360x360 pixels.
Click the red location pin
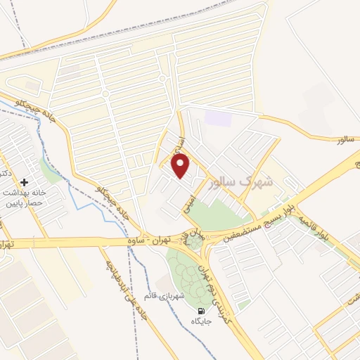coord(181,167)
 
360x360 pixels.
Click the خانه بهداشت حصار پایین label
coord(25,198)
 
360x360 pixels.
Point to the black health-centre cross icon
coord(25,181)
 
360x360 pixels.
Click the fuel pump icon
coord(202,312)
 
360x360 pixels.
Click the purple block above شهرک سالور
coord(219,117)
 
